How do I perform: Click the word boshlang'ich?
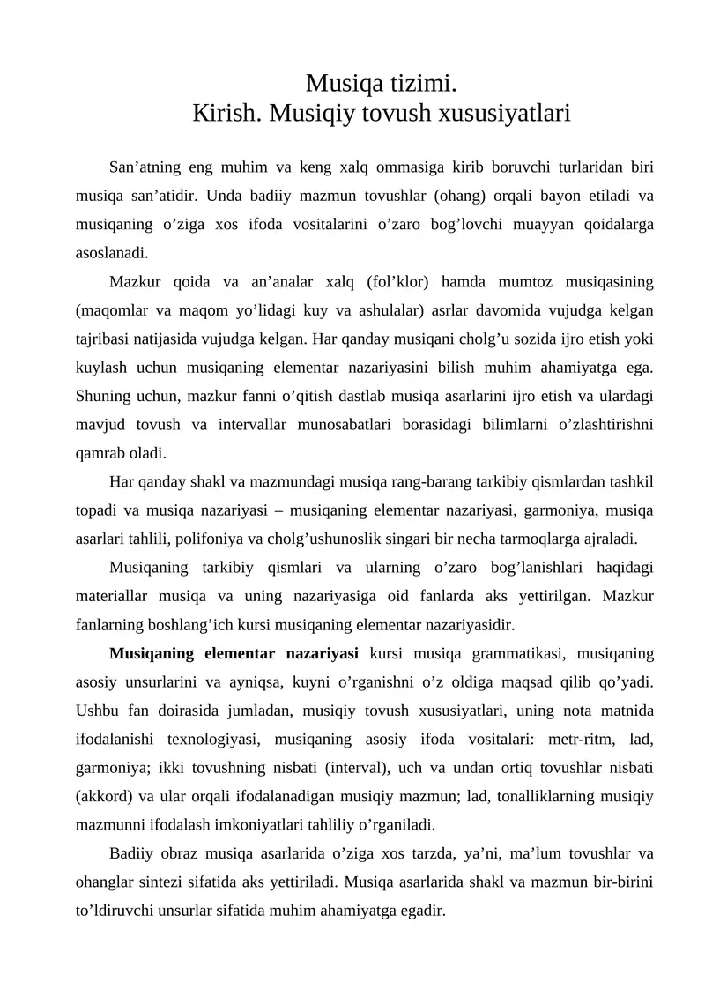tap(196, 624)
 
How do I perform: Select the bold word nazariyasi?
tap(322, 653)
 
